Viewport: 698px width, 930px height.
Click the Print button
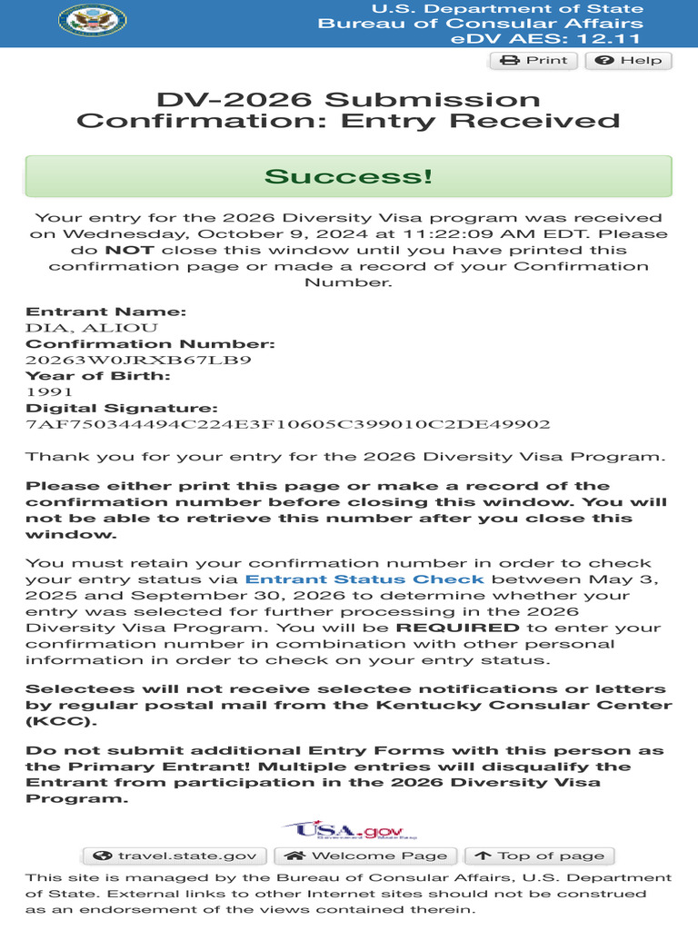[x=533, y=61]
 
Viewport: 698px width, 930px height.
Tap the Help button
[x=629, y=61]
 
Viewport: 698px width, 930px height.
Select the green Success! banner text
[x=348, y=175]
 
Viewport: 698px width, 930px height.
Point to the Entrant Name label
[x=105, y=312]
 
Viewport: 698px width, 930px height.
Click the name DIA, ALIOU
[x=92, y=328]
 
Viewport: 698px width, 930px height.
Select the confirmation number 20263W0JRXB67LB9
[x=138, y=360]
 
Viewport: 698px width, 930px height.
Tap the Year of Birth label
[x=98, y=376]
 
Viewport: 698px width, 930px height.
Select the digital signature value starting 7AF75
[x=288, y=424]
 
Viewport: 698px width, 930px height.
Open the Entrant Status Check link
[x=365, y=579]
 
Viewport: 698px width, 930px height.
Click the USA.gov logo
[x=349, y=829]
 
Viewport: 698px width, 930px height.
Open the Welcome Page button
[x=366, y=856]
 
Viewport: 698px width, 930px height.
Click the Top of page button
[x=539, y=856]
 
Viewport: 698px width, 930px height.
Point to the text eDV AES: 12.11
[x=545, y=38]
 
